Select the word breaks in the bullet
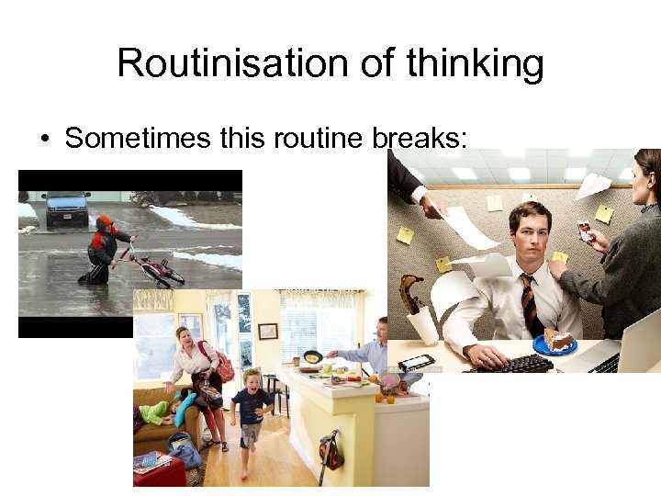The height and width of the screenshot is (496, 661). click(417, 138)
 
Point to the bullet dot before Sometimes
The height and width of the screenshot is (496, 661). click(44, 139)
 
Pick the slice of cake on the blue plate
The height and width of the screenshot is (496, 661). click(556, 341)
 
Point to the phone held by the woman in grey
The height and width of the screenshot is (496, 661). click(584, 231)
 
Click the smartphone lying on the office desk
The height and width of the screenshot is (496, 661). click(416, 361)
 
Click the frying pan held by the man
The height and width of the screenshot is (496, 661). click(312, 355)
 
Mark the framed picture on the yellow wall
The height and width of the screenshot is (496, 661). click(267, 331)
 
